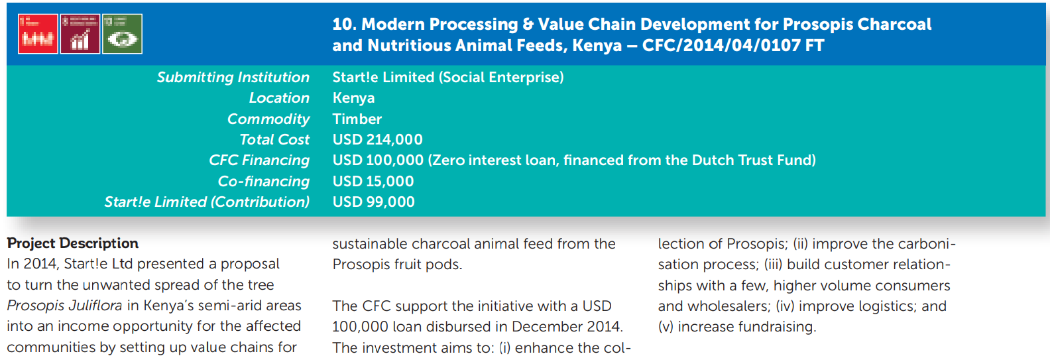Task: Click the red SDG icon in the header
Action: click(x=38, y=34)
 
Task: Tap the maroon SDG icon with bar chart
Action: click(x=80, y=34)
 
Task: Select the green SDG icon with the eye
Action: click(x=123, y=34)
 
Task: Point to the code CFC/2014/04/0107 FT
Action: click(x=733, y=46)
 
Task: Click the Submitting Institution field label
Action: click(x=233, y=78)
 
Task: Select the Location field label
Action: click(x=279, y=98)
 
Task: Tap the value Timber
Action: click(x=357, y=119)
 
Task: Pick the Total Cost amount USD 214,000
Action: click(x=377, y=140)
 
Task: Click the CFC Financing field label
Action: click(x=259, y=160)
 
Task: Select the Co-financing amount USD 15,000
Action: click(x=373, y=182)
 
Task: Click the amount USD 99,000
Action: click(x=374, y=202)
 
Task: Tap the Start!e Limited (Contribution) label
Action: click(x=207, y=202)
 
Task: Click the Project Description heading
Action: click(x=73, y=243)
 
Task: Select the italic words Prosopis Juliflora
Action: click(x=64, y=306)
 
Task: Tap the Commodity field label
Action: click(x=268, y=119)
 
